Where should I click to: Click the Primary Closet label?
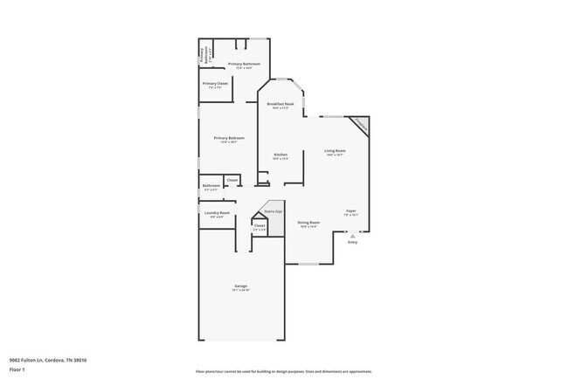point(215,84)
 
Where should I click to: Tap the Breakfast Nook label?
point(281,104)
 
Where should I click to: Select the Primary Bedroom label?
point(229,137)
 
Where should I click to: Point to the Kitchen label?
point(281,155)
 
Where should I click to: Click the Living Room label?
point(335,151)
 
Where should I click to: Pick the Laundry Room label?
point(218,213)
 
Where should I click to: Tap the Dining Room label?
point(308,223)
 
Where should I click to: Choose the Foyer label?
point(350,210)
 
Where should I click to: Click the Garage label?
point(241,286)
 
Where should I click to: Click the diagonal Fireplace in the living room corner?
point(360,127)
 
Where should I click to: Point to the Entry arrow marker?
point(352,235)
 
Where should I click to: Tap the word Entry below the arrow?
point(352,242)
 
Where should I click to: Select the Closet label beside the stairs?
point(260,225)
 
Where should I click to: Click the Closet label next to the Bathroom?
point(232,180)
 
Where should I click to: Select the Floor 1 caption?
point(17,369)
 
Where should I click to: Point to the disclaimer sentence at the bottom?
point(283,371)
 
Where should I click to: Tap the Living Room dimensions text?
point(335,155)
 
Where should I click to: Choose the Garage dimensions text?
point(241,291)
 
